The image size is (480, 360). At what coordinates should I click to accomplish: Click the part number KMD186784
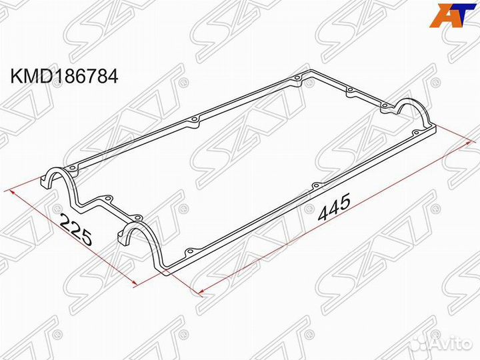[63, 77]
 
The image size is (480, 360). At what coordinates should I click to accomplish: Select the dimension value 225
[75, 232]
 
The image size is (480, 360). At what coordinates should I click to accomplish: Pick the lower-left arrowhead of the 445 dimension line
[197, 291]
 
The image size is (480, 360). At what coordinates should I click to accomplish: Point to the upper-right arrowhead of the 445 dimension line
[468, 142]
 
